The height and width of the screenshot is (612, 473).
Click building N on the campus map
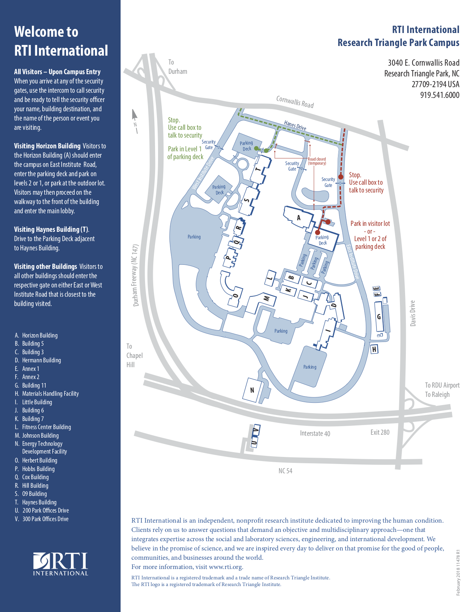point(252,390)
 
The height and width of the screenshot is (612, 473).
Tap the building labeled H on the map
point(374,349)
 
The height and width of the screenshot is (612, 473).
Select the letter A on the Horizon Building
point(299,218)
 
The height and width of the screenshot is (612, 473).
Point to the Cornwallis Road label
point(295,102)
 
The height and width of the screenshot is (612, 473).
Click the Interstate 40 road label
point(315,433)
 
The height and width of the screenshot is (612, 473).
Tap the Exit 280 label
point(380,432)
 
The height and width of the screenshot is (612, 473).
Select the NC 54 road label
point(285,471)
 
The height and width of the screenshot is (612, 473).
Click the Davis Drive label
point(413,313)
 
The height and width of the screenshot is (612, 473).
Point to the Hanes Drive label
point(295,125)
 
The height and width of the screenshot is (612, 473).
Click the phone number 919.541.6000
point(440,95)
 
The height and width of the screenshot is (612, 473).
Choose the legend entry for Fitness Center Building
point(46,427)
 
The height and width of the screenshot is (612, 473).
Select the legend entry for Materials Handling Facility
point(50,394)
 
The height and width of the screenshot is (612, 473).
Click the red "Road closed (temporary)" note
point(317,161)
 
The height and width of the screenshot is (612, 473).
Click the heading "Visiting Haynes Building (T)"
point(52,229)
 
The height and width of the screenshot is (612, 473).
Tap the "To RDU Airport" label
point(442,385)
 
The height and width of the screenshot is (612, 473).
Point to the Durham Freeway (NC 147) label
point(136,275)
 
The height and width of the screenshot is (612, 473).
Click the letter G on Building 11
point(379,317)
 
